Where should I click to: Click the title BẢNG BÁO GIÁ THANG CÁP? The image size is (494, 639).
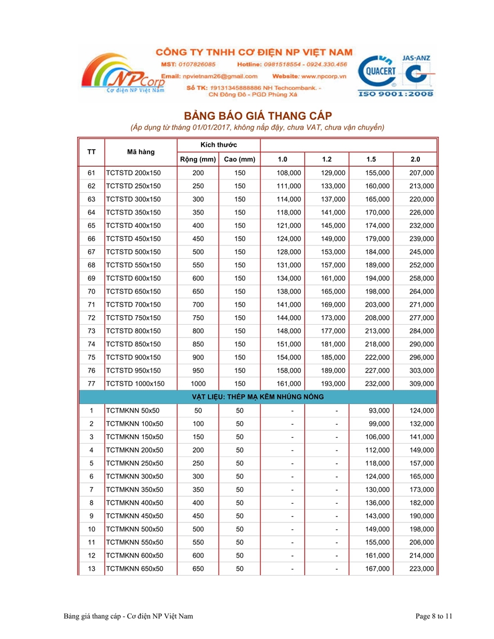tap(257, 116)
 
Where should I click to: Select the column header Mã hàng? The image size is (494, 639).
tap(141, 152)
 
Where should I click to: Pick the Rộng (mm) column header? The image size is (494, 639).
tap(198, 159)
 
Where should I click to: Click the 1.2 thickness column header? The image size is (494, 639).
tap(327, 159)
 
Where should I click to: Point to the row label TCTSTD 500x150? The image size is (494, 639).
tap(133, 252)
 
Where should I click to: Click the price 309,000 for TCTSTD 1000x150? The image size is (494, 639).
tap(422, 383)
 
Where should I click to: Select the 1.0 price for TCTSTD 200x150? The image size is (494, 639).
tap(289, 173)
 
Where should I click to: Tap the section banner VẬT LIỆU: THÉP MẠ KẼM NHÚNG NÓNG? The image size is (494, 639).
tap(257, 397)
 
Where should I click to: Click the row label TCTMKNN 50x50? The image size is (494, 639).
tap(133, 411)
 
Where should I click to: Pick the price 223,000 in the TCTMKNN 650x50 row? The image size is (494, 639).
tap(422, 569)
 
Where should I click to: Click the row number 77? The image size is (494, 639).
tap(91, 383)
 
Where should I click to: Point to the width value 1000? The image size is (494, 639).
tap(198, 383)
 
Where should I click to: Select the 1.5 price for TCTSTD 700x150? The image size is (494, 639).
tap(377, 305)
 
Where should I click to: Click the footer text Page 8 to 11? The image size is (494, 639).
tap(434, 617)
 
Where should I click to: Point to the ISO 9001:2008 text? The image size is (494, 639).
tap(396, 94)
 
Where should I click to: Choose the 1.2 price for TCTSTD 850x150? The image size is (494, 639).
tap(333, 344)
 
